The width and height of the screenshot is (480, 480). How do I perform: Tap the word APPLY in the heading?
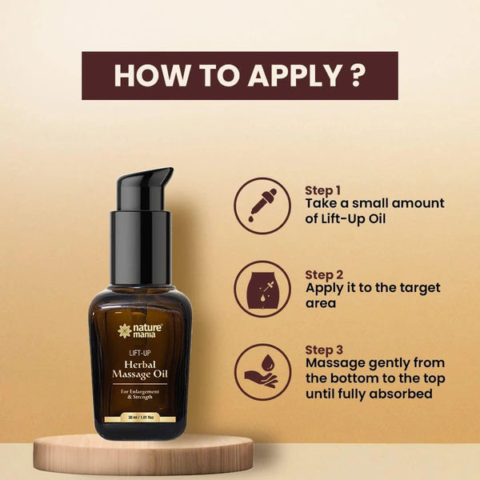[x=294, y=75]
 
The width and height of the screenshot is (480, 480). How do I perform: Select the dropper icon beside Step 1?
[x=262, y=206]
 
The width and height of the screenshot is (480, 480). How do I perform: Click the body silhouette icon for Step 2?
[x=262, y=289]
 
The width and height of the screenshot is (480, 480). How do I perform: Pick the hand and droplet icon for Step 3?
[x=262, y=372]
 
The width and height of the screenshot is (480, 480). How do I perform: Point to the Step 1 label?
[x=322, y=190]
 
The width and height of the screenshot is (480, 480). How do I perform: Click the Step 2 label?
[x=324, y=275]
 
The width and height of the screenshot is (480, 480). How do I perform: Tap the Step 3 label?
[x=324, y=350]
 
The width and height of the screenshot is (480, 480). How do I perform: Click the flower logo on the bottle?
[x=125, y=331]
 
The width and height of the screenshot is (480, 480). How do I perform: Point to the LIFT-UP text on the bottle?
[x=140, y=353]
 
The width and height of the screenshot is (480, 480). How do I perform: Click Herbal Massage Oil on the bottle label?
[x=140, y=369]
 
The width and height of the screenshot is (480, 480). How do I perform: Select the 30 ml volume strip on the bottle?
[x=140, y=418]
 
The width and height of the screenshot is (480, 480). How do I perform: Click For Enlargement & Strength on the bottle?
[x=140, y=394]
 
